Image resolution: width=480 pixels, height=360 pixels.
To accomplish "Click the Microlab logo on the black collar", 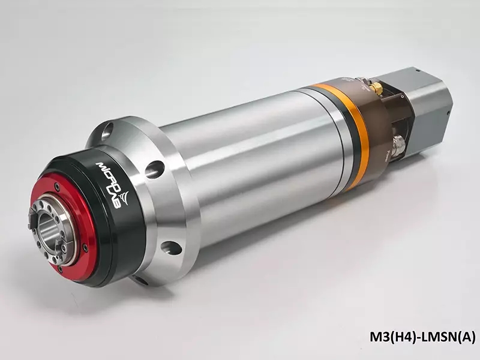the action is (114, 185).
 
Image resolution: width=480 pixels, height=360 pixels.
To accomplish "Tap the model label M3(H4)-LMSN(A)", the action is (423, 337).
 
